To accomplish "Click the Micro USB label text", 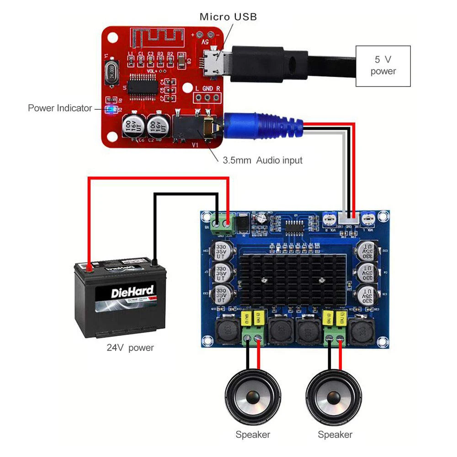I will [228, 17].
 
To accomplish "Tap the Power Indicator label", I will [60, 108].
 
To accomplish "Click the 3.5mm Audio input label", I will [262, 160].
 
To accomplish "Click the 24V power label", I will [130, 348].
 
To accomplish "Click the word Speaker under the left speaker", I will [253, 435].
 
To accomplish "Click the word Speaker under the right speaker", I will [335, 435].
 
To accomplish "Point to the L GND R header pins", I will [207, 97].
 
